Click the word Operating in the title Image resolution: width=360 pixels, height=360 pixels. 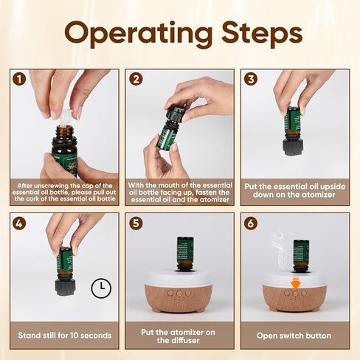click(x=139, y=34)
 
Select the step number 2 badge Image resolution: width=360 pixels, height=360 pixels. click(x=136, y=79)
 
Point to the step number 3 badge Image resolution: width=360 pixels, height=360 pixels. click(x=251, y=79)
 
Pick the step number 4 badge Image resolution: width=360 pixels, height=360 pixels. click(x=19, y=224)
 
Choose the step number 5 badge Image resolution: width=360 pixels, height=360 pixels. click(x=136, y=224)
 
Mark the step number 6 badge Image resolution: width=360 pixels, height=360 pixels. click(x=251, y=224)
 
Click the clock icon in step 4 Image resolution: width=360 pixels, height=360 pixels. click(x=101, y=288)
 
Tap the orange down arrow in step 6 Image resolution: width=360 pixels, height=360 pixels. click(x=296, y=283)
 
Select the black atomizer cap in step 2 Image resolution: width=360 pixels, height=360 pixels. click(x=176, y=113)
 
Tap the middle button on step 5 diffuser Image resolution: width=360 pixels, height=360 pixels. click(x=179, y=294)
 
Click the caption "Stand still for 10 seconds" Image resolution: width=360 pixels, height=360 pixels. click(x=65, y=336)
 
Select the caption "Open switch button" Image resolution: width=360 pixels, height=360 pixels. click(x=294, y=336)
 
